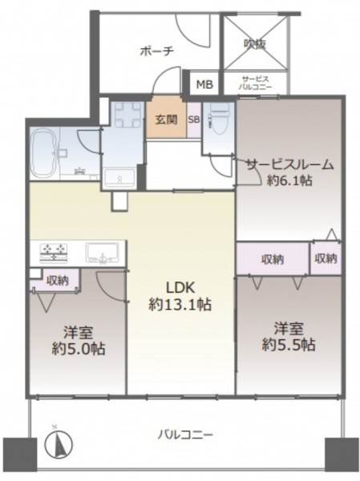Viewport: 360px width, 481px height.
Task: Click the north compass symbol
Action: click(x=59, y=443)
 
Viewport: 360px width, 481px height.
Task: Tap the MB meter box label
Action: click(x=204, y=84)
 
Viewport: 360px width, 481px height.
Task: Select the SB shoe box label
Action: click(x=194, y=119)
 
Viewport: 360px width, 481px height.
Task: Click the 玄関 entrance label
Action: click(x=166, y=119)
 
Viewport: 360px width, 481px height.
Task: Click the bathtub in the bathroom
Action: click(x=45, y=153)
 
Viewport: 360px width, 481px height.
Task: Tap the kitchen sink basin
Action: click(x=102, y=253)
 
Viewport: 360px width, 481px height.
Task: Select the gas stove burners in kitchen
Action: click(x=54, y=253)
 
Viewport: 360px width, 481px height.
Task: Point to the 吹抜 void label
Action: click(x=255, y=45)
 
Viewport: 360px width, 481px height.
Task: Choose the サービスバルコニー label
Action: click(x=255, y=83)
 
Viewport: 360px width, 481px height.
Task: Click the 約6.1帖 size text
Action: click(x=289, y=180)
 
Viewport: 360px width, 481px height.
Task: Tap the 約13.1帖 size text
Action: click(x=180, y=305)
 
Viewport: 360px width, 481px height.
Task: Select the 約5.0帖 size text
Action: click(x=79, y=349)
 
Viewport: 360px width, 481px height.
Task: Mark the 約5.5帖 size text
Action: click(x=289, y=345)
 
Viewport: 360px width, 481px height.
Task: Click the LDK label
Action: click(x=180, y=288)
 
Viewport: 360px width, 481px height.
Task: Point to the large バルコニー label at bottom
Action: click(x=185, y=435)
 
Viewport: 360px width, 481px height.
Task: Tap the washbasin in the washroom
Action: click(x=119, y=178)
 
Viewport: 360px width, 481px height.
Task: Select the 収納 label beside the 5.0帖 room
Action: click(x=58, y=281)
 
